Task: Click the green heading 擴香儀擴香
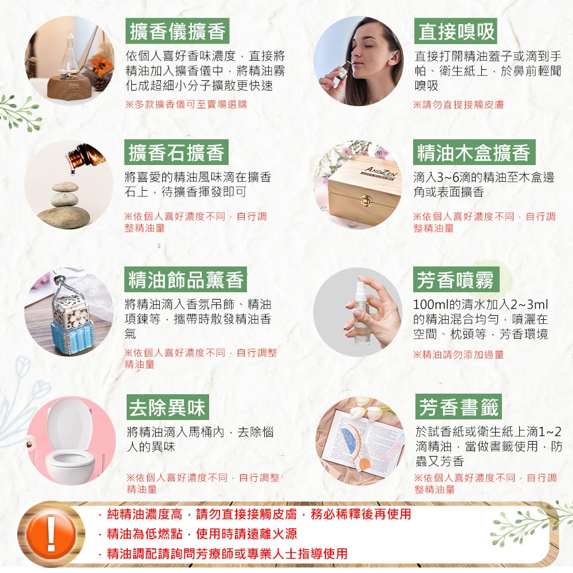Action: point(178,31)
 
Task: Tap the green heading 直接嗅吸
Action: point(456,31)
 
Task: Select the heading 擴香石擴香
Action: point(176,152)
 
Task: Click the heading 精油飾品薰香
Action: point(186,280)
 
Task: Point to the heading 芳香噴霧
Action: point(456,280)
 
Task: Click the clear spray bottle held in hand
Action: point(361,312)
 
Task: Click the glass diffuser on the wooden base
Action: point(69,57)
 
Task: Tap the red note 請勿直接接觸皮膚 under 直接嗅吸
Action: point(458,105)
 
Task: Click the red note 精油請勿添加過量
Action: point(458,355)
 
